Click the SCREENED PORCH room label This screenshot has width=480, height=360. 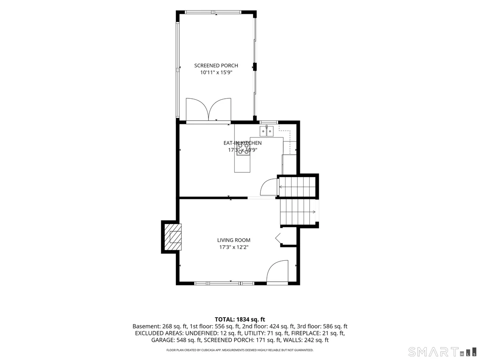[x=216, y=65]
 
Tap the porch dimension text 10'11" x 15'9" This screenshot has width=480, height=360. [x=216, y=72]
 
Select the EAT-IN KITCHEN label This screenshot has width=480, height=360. [x=243, y=143]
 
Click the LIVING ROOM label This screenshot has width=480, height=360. [x=234, y=240]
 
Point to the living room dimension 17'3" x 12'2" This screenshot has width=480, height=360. [x=234, y=247]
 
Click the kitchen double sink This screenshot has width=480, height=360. [x=266, y=131]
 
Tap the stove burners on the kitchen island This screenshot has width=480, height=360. [x=243, y=149]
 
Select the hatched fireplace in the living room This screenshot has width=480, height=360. [x=173, y=237]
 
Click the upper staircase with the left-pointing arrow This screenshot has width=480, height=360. [x=297, y=186]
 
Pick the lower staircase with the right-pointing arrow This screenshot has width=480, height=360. [x=298, y=212]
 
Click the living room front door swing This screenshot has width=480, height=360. [x=278, y=271]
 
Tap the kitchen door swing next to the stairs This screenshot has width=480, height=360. [x=269, y=187]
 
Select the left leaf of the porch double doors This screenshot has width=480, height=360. [x=197, y=109]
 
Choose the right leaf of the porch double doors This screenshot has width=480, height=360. [x=220, y=109]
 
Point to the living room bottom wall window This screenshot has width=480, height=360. [x=224, y=283]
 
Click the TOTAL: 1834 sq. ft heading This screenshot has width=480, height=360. [x=240, y=320]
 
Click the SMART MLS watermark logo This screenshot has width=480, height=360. [x=442, y=351]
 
